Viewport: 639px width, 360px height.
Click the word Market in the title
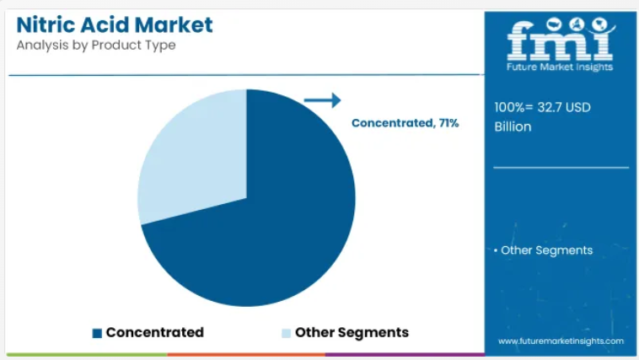tap(174, 24)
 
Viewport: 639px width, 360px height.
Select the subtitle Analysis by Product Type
tap(96, 46)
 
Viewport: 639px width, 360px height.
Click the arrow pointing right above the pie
tap(322, 100)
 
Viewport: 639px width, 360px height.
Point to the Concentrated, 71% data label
tap(405, 123)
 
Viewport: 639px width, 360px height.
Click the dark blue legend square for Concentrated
tap(97, 333)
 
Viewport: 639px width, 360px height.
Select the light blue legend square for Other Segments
tap(286, 333)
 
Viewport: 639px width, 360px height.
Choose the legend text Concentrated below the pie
tap(155, 332)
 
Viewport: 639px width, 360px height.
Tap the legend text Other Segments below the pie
tap(352, 333)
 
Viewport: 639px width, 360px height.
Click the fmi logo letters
tap(561, 40)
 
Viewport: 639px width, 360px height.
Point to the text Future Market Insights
tap(560, 67)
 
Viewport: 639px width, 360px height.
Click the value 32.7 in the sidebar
tap(550, 107)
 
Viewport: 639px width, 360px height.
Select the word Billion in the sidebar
tap(513, 126)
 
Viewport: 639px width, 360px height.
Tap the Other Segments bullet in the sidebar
tap(543, 250)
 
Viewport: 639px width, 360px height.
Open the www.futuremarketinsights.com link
tap(561, 341)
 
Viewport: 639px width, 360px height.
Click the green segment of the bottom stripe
tap(87, 355)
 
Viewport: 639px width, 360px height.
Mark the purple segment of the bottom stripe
tap(405, 355)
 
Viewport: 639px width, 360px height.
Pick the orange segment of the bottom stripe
tap(246, 355)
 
